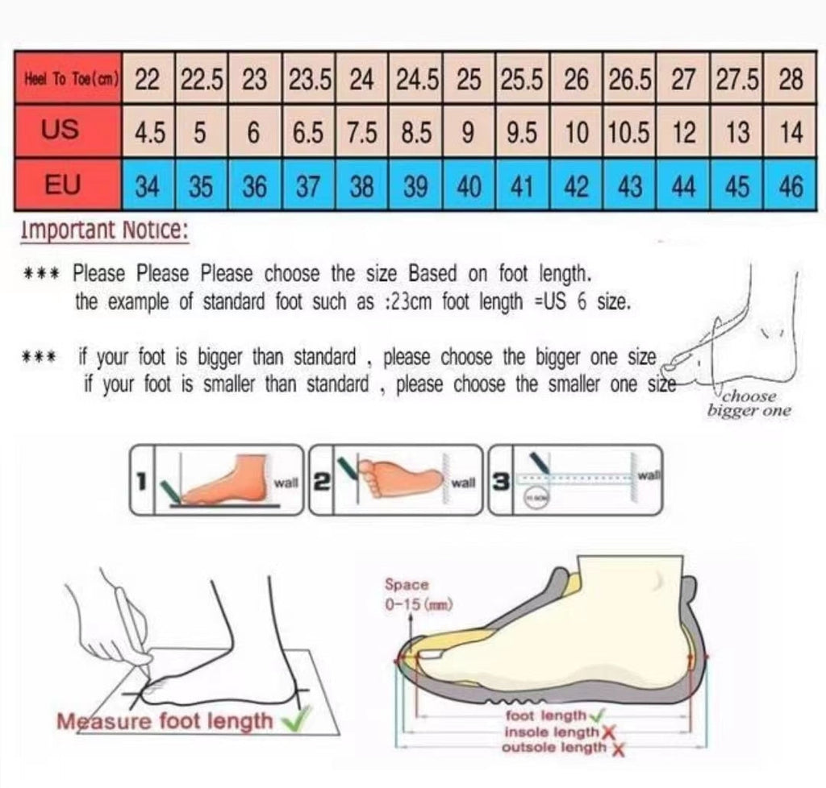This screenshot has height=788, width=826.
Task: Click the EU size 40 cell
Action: tap(469, 187)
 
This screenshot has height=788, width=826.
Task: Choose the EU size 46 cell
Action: tap(791, 187)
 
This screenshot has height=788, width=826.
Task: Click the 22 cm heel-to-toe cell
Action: tap(147, 80)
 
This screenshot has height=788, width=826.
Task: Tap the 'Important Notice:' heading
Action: tap(104, 231)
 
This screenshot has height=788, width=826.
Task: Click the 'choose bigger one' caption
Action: tap(749, 404)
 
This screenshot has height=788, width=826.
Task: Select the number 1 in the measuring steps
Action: tap(141, 482)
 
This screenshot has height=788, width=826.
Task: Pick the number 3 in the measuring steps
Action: tap(500, 482)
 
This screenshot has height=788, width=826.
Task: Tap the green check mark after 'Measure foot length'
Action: tap(298, 721)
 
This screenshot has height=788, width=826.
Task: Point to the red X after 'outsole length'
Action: tap(618, 749)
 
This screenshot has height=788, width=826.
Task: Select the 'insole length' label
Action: tap(551, 732)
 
